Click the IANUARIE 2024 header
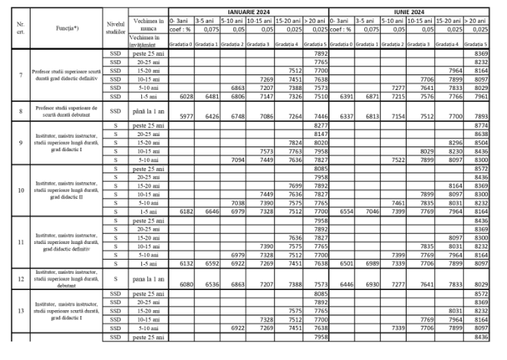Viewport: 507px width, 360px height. pyautogui.click(x=248, y=12)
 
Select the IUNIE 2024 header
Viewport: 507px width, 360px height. pyautogui.click(x=408, y=12)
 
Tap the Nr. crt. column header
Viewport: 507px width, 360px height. pyautogui.click(x=20, y=28)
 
